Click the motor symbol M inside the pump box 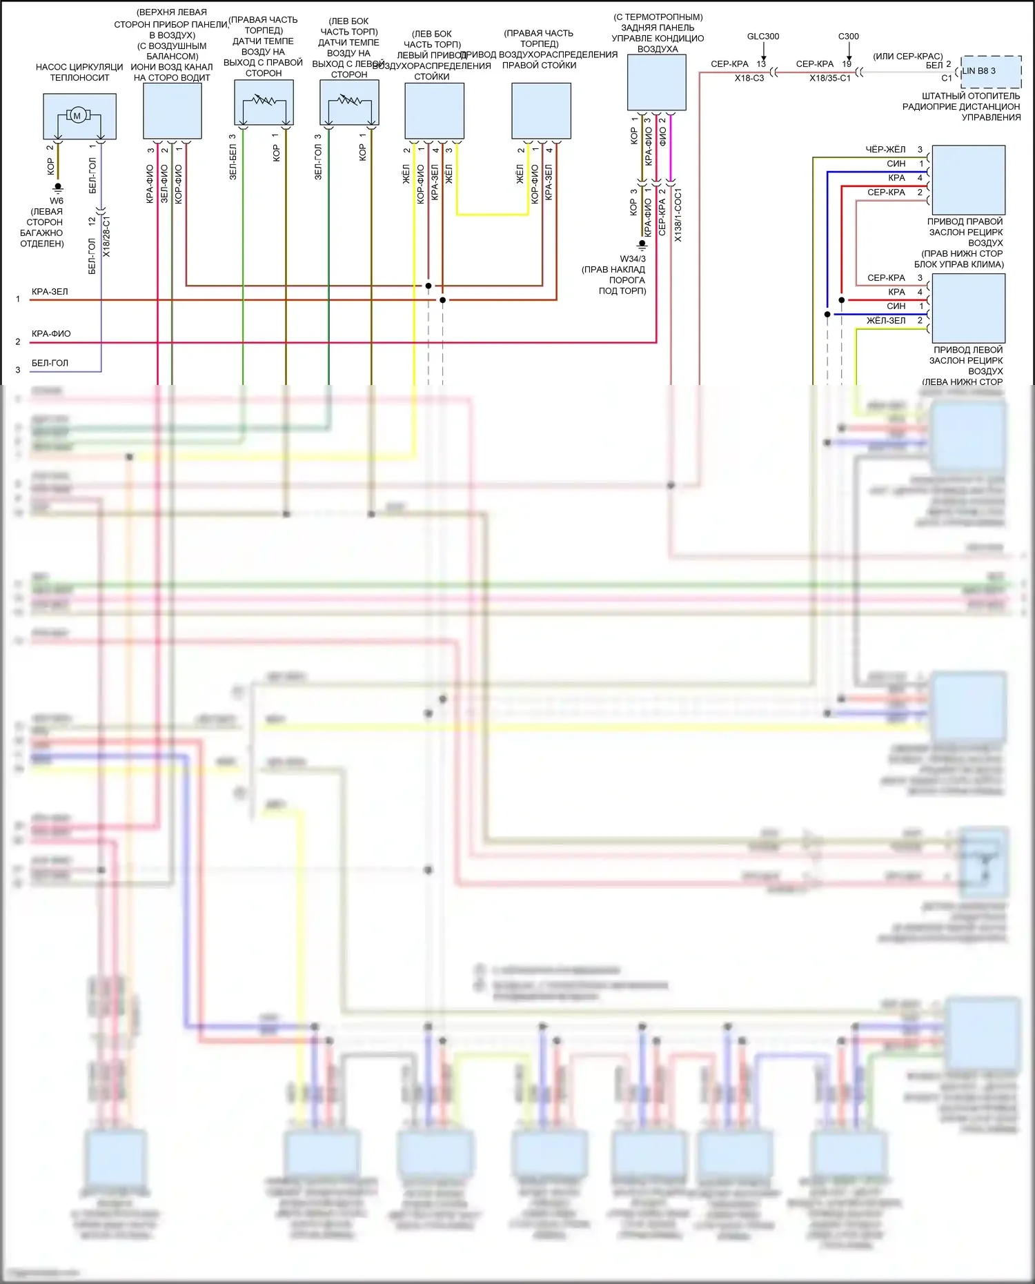point(77,115)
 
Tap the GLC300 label point(763,37)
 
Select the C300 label point(849,37)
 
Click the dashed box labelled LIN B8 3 point(991,71)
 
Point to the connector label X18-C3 point(749,79)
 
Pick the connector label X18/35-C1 point(830,79)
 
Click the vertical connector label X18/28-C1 point(106,236)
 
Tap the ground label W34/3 point(633,259)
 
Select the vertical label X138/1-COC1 point(678,215)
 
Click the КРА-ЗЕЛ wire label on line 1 point(50,292)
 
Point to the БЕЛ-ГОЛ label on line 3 point(50,363)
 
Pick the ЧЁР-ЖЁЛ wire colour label point(885,150)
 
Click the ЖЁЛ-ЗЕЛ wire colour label point(886,321)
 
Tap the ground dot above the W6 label point(58,186)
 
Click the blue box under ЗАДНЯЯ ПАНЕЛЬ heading point(656,82)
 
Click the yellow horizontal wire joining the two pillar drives point(493,215)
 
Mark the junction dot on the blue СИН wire point(827,315)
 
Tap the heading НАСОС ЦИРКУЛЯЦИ point(79,67)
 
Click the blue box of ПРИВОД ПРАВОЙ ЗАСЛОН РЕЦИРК point(968,180)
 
